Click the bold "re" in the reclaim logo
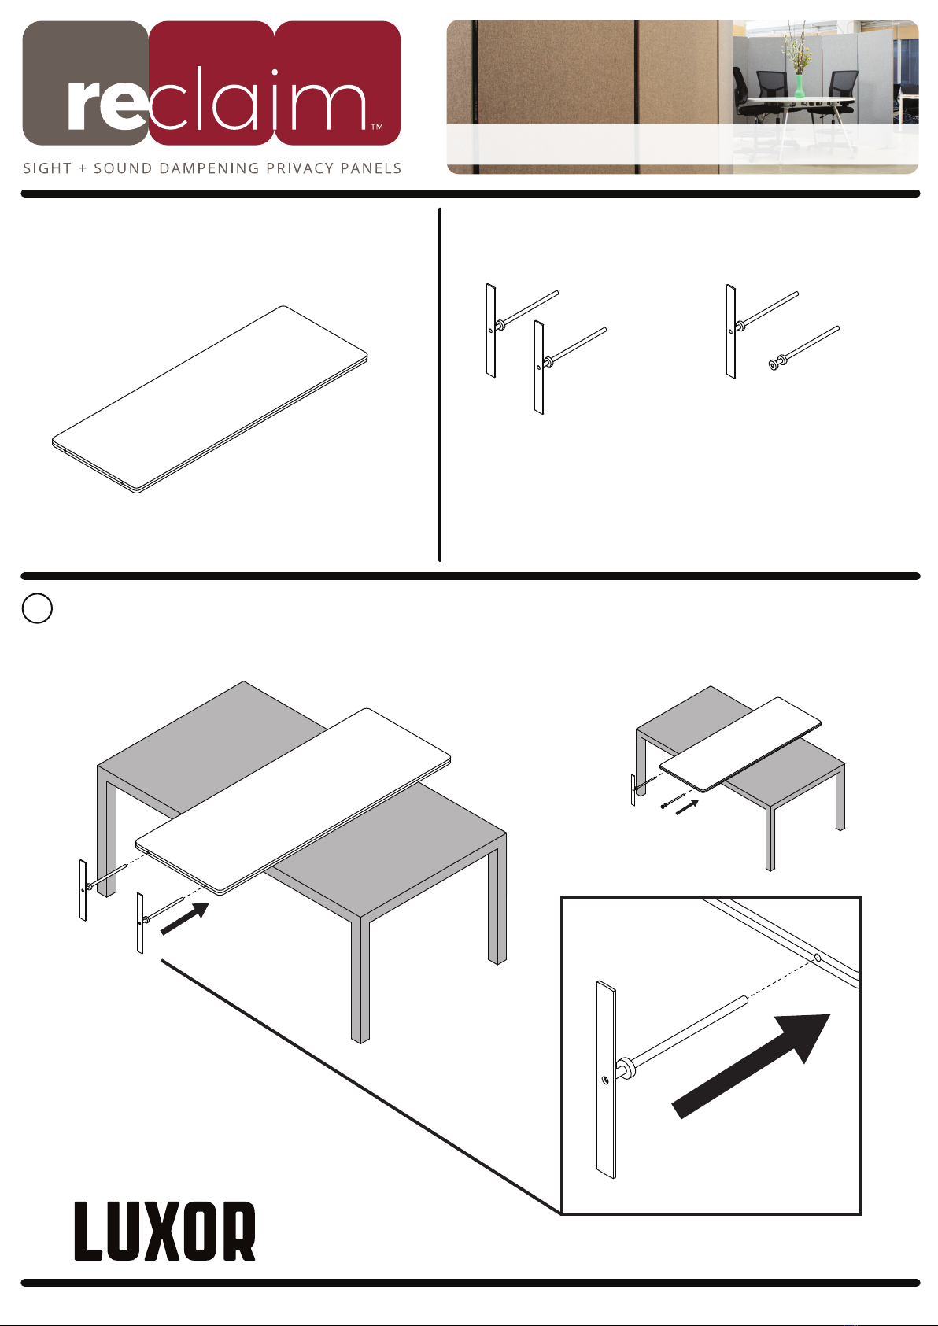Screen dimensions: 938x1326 click(x=107, y=105)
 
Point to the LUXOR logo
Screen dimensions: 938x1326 click(x=165, y=1231)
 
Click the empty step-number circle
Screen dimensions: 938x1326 click(x=37, y=608)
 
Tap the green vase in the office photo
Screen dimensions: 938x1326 click(x=800, y=86)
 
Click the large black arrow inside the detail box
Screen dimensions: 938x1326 click(x=751, y=1066)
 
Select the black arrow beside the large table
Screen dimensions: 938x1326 click(x=185, y=918)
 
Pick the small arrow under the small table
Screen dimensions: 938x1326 click(x=687, y=807)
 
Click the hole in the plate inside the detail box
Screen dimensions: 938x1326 click(x=605, y=1080)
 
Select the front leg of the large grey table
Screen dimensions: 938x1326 click(x=360, y=981)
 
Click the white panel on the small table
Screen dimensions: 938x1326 click(x=740, y=744)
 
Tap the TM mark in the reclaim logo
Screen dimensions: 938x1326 click(x=376, y=127)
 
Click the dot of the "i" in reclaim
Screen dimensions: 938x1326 click(x=275, y=73)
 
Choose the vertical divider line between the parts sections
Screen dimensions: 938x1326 click(x=440, y=384)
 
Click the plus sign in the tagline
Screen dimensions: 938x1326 click(x=83, y=168)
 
